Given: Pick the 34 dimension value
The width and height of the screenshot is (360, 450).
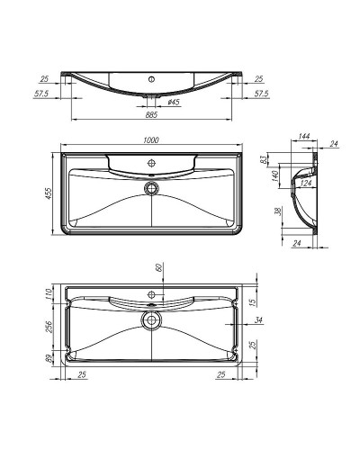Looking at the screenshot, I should point(257,319).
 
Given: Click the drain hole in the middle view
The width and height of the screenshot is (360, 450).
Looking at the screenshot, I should point(150,188).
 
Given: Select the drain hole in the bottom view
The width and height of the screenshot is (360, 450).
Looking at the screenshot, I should point(149,319).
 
